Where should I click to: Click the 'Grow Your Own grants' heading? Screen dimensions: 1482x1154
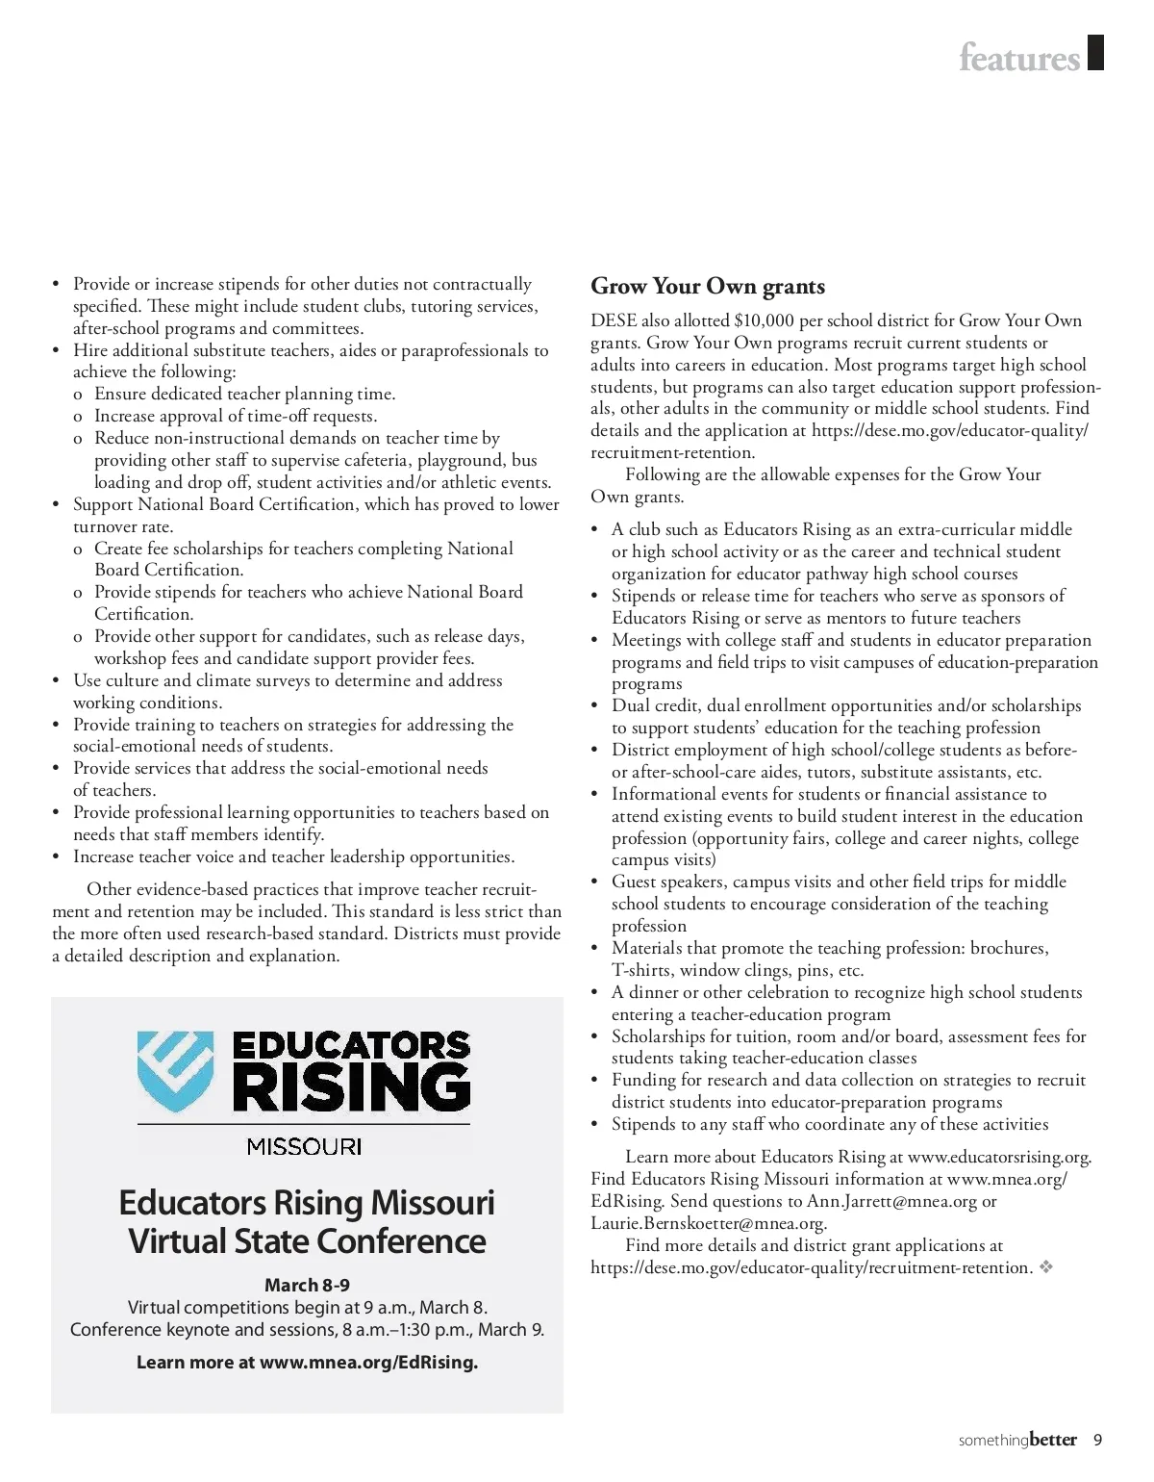[x=708, y=287]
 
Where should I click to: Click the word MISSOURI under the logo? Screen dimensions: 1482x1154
[x=304, y=1146]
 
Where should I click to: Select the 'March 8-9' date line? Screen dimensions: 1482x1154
[x=307, y=1285]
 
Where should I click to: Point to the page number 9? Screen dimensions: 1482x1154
[x=1097, y=1441]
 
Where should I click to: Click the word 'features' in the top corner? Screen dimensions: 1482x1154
[x=1019, y=58]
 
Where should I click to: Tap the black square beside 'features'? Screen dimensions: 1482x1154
[x=1095, y=53]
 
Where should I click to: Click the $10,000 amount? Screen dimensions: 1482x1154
[x=764, y=320]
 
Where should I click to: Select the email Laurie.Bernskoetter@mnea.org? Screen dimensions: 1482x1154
[x=708, y=1223]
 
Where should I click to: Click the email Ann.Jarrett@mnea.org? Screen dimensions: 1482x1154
[x=891, y=1201]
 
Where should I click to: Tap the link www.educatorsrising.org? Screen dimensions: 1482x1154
[x=999, y=1157]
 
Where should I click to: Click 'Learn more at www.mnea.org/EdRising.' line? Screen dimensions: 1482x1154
[x=307, y=1362]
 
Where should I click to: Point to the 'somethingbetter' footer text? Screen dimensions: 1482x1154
[x=1017, y=1441]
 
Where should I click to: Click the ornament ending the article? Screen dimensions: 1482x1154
[x=1046, y=1267]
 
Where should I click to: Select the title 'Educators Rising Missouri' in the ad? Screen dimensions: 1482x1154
[x=307, y=1203]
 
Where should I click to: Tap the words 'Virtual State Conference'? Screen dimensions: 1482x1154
[x=307, y=1241]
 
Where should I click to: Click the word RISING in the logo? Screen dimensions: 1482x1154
[x=351, y=1088]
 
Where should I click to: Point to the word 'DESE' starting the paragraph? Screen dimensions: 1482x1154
[x=614, y=320]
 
